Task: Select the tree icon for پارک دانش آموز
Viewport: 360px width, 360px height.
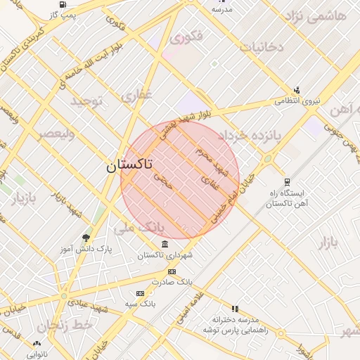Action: (86, 238)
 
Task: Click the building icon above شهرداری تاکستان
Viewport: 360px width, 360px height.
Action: (165, 244)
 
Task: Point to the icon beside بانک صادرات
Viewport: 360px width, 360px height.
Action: (172, 271)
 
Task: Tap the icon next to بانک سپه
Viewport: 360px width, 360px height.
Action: (140, 293)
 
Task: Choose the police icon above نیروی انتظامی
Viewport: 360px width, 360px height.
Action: (297, 90)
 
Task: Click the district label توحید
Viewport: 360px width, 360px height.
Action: (86, 101)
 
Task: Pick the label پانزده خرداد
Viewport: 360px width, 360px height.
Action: (248, 134)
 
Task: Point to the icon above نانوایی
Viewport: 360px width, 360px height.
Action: (37, 342)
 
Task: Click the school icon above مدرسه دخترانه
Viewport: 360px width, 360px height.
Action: (235, 308)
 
